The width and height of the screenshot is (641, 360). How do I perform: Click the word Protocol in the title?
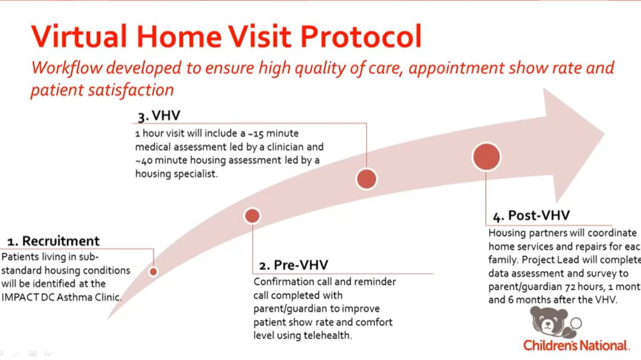pyautogui.click(x=361, y=36)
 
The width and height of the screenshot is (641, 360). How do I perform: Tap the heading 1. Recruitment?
pyautogui.click(x=53, y=241)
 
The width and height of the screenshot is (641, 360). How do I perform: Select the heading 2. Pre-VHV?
pyautogui.click(x=294, y=265)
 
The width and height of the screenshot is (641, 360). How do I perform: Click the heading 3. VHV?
pyautogui.click(x=159, y=116)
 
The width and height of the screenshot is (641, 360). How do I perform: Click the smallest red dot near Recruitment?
pyautogui.click(x=153, y=272)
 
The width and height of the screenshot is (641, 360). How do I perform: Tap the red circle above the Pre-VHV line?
pyautogui.click(x=252, y=216)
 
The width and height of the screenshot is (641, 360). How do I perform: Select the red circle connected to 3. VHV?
pyautogui.click(x=366, y=179)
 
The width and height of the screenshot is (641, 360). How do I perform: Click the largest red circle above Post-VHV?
pyautogui.click(x=486, y=157)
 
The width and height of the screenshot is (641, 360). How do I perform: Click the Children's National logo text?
pyautogui.click(x=576, y=345)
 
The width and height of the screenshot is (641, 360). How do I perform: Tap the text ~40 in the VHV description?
pyautogui.click(x=144, y=161)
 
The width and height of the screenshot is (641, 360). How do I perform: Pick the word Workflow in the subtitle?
pyautogui.click(x=67, y=68)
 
